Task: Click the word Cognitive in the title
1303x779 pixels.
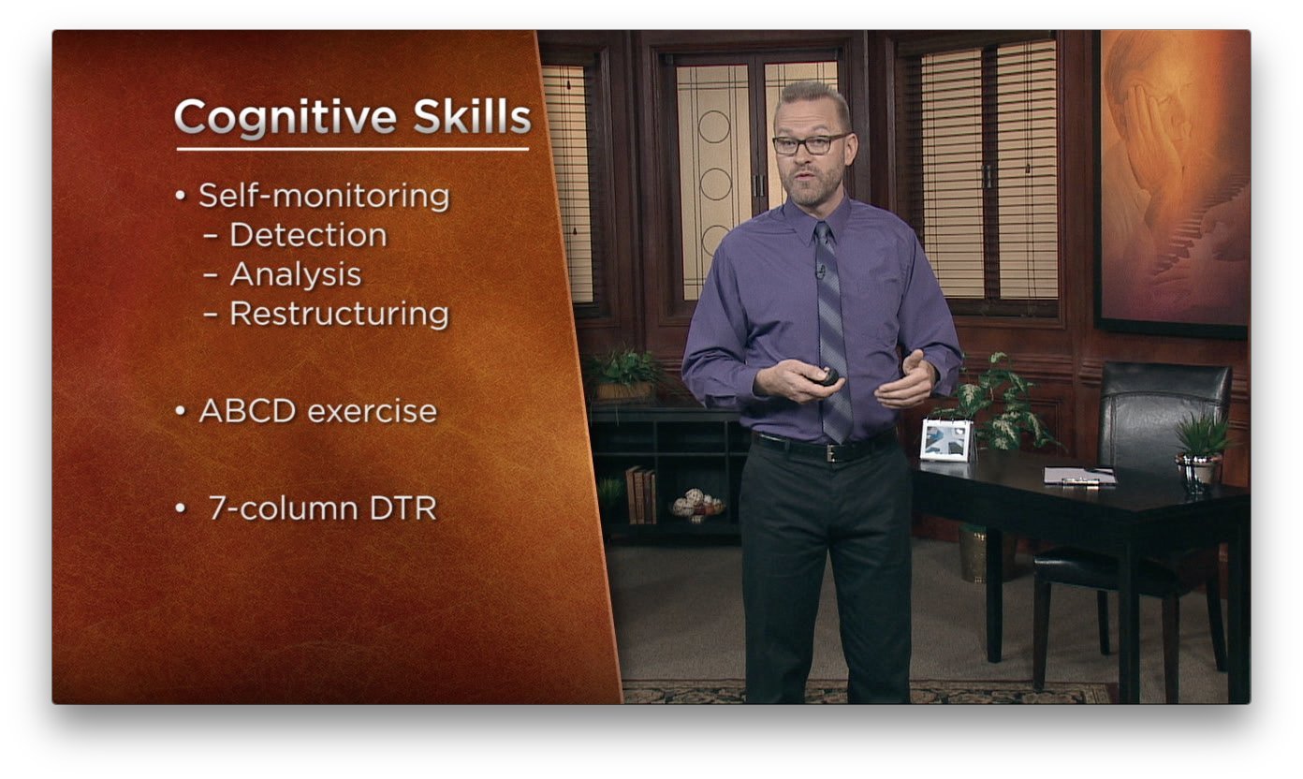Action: point(285,118)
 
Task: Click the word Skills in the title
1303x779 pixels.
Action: point(472,116)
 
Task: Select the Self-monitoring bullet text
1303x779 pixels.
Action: point(324,196)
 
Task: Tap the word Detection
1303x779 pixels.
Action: point(308,235)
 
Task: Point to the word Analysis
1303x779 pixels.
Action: point(296,274)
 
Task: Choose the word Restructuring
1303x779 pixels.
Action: point(340,315)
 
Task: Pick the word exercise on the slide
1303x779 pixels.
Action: point(373,411)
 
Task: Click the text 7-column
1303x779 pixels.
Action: point(284,507)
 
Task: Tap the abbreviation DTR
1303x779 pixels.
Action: point(403,507)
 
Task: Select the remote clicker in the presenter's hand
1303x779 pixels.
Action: point(824,376)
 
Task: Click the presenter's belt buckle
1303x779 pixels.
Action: point(836,452)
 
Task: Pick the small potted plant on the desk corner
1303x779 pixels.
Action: point(1202,454)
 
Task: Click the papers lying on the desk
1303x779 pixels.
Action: point(1079,476)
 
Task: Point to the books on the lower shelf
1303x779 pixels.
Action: point(641,495)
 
